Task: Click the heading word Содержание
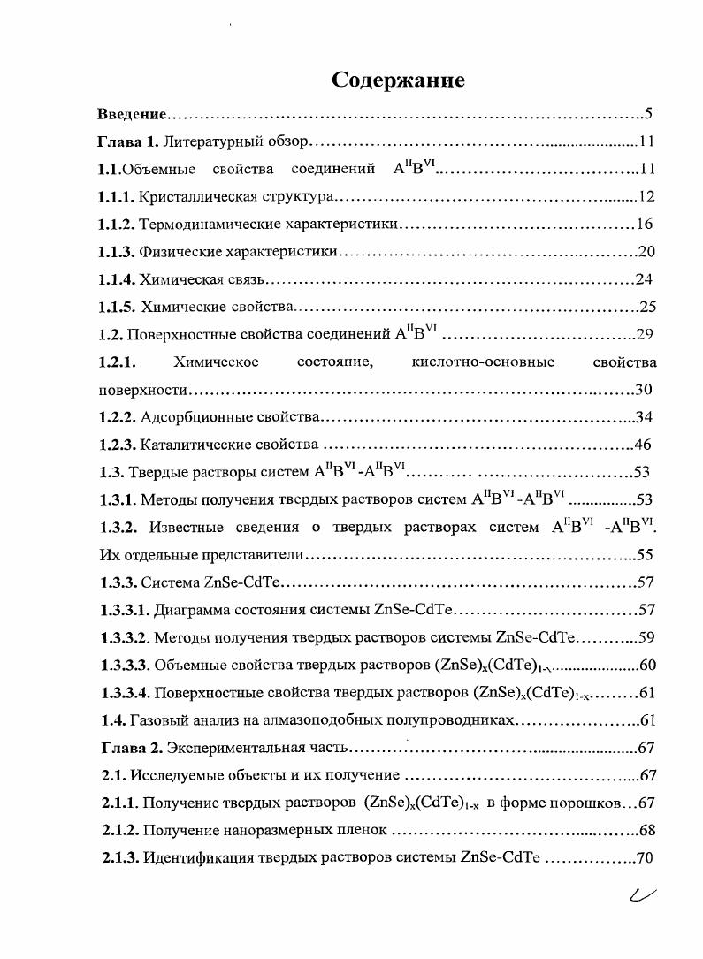point(398,81)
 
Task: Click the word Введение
point(132,114)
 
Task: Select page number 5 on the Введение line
point(648,114)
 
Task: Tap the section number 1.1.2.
point(117,225)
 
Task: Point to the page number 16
point(645,225)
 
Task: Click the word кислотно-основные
point(483,362)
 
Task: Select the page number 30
point(644,390)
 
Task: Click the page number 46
point(643,445)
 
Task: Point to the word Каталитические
point(190,445)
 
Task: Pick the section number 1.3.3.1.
point(124,609)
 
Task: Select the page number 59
point(646,636)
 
